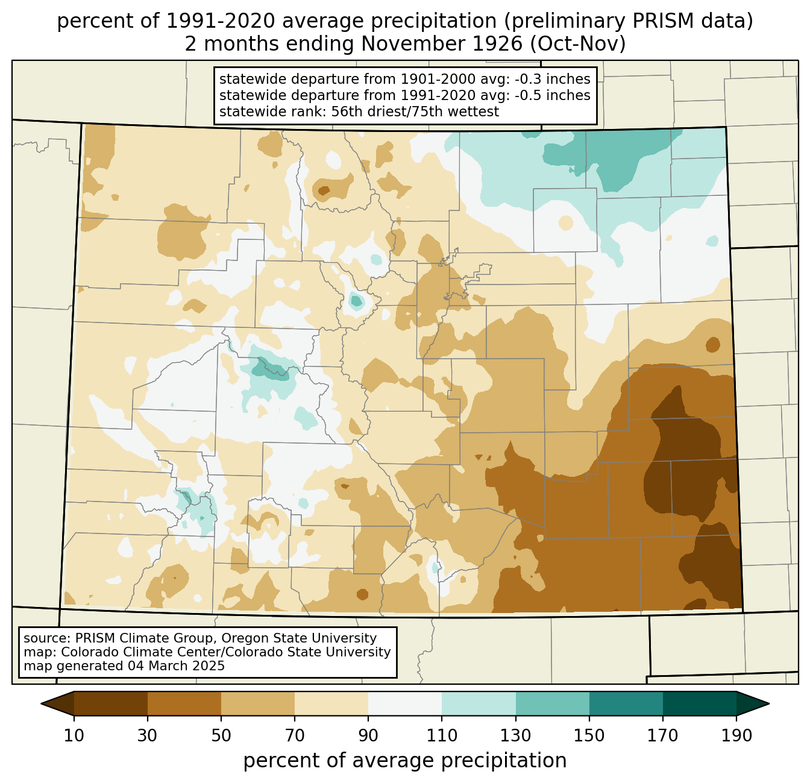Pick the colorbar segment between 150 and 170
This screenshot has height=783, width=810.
tap(626, 703)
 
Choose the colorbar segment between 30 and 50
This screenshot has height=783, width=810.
tap(184, 703)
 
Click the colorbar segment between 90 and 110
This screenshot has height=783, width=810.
tap(405, 703)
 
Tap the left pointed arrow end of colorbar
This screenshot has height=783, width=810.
tap(57, 703)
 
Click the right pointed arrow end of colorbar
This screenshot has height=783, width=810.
tap(753, 703)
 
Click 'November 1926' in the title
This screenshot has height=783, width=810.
tap(441, 44)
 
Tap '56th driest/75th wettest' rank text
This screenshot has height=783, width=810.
tap(415, 112)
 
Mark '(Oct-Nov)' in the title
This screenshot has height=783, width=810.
tap(578, 44)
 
